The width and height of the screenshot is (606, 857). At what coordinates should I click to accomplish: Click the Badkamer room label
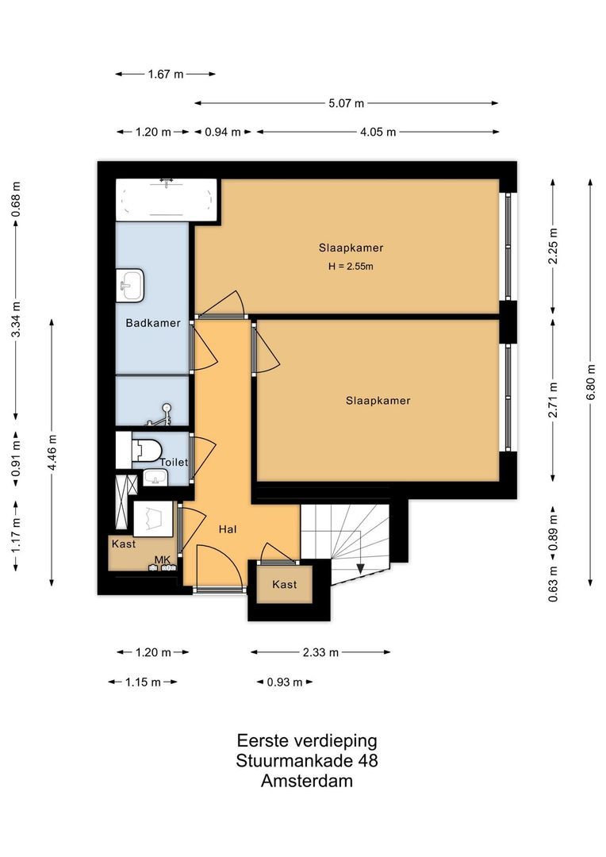pyautogui.click(x=153, y=323)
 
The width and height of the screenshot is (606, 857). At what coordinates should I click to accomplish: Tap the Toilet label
pyautogui.click(x=174, y=462)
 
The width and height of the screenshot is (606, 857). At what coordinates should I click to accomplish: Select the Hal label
pyautogui.click(x=228, y=528)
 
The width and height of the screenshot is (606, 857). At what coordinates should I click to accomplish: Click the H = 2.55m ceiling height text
pyautogui.click(x=351, y=267)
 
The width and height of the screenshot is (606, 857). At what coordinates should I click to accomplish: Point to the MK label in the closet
pyautogui.click(x=163, y=560)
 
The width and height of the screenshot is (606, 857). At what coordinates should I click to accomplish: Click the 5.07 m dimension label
pyautogui.click(x=347, y=103)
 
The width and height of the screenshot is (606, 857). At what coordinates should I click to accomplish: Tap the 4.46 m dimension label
pyautogui.click(x=52, y=452)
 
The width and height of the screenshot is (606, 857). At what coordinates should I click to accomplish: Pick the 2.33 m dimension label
pyautogui.click(x=320, y=652)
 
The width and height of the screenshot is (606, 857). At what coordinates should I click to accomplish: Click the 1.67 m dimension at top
pyautogui.click(x=165, y=74)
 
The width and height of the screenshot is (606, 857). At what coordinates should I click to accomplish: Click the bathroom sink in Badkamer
pyautogui.click(x=131, y=285)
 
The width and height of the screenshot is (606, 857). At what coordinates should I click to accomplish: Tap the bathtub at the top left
pyautogui.click(x=166, y=199)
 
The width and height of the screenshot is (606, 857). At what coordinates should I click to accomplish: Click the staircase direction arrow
pyautogui.click(x=359, y=567)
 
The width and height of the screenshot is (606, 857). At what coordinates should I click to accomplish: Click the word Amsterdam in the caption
pyautogui.click(x=307, y=781)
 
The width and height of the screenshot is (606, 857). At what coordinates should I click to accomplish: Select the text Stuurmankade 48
pyautogui.click(x=307, y=761)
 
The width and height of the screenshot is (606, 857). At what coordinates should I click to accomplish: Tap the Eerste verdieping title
pyautogui.click(x=307, y=740)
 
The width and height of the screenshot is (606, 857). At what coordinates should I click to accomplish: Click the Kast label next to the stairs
pyautogui.click(x=285, y=584)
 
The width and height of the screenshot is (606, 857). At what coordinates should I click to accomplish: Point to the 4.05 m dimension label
pyautogui.click(x=378, y=133)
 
